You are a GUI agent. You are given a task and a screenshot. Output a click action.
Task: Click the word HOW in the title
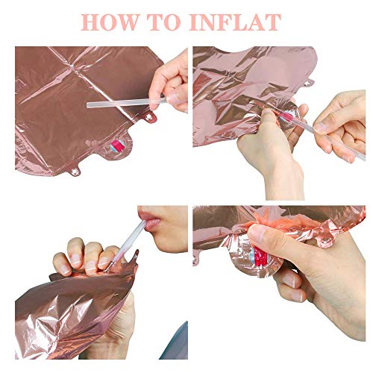(x=109, y=22)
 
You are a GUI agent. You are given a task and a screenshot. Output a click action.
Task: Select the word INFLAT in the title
(x=236, y=22)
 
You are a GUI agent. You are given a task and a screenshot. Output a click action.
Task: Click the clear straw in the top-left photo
(x=127, y=102)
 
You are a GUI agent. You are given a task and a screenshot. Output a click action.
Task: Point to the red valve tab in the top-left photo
(x=119, y=145)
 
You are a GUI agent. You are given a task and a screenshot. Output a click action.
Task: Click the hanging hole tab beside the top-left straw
(x=150, y=117)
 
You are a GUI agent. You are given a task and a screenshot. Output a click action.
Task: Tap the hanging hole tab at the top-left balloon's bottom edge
(x=74, y=171)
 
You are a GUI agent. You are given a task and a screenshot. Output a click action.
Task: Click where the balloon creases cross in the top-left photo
(x=72, y=66)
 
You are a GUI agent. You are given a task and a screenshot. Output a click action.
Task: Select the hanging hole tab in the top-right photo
(x=308, y=84)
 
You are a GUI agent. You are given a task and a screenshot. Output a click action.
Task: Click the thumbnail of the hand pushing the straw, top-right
(x=321, y=127)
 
